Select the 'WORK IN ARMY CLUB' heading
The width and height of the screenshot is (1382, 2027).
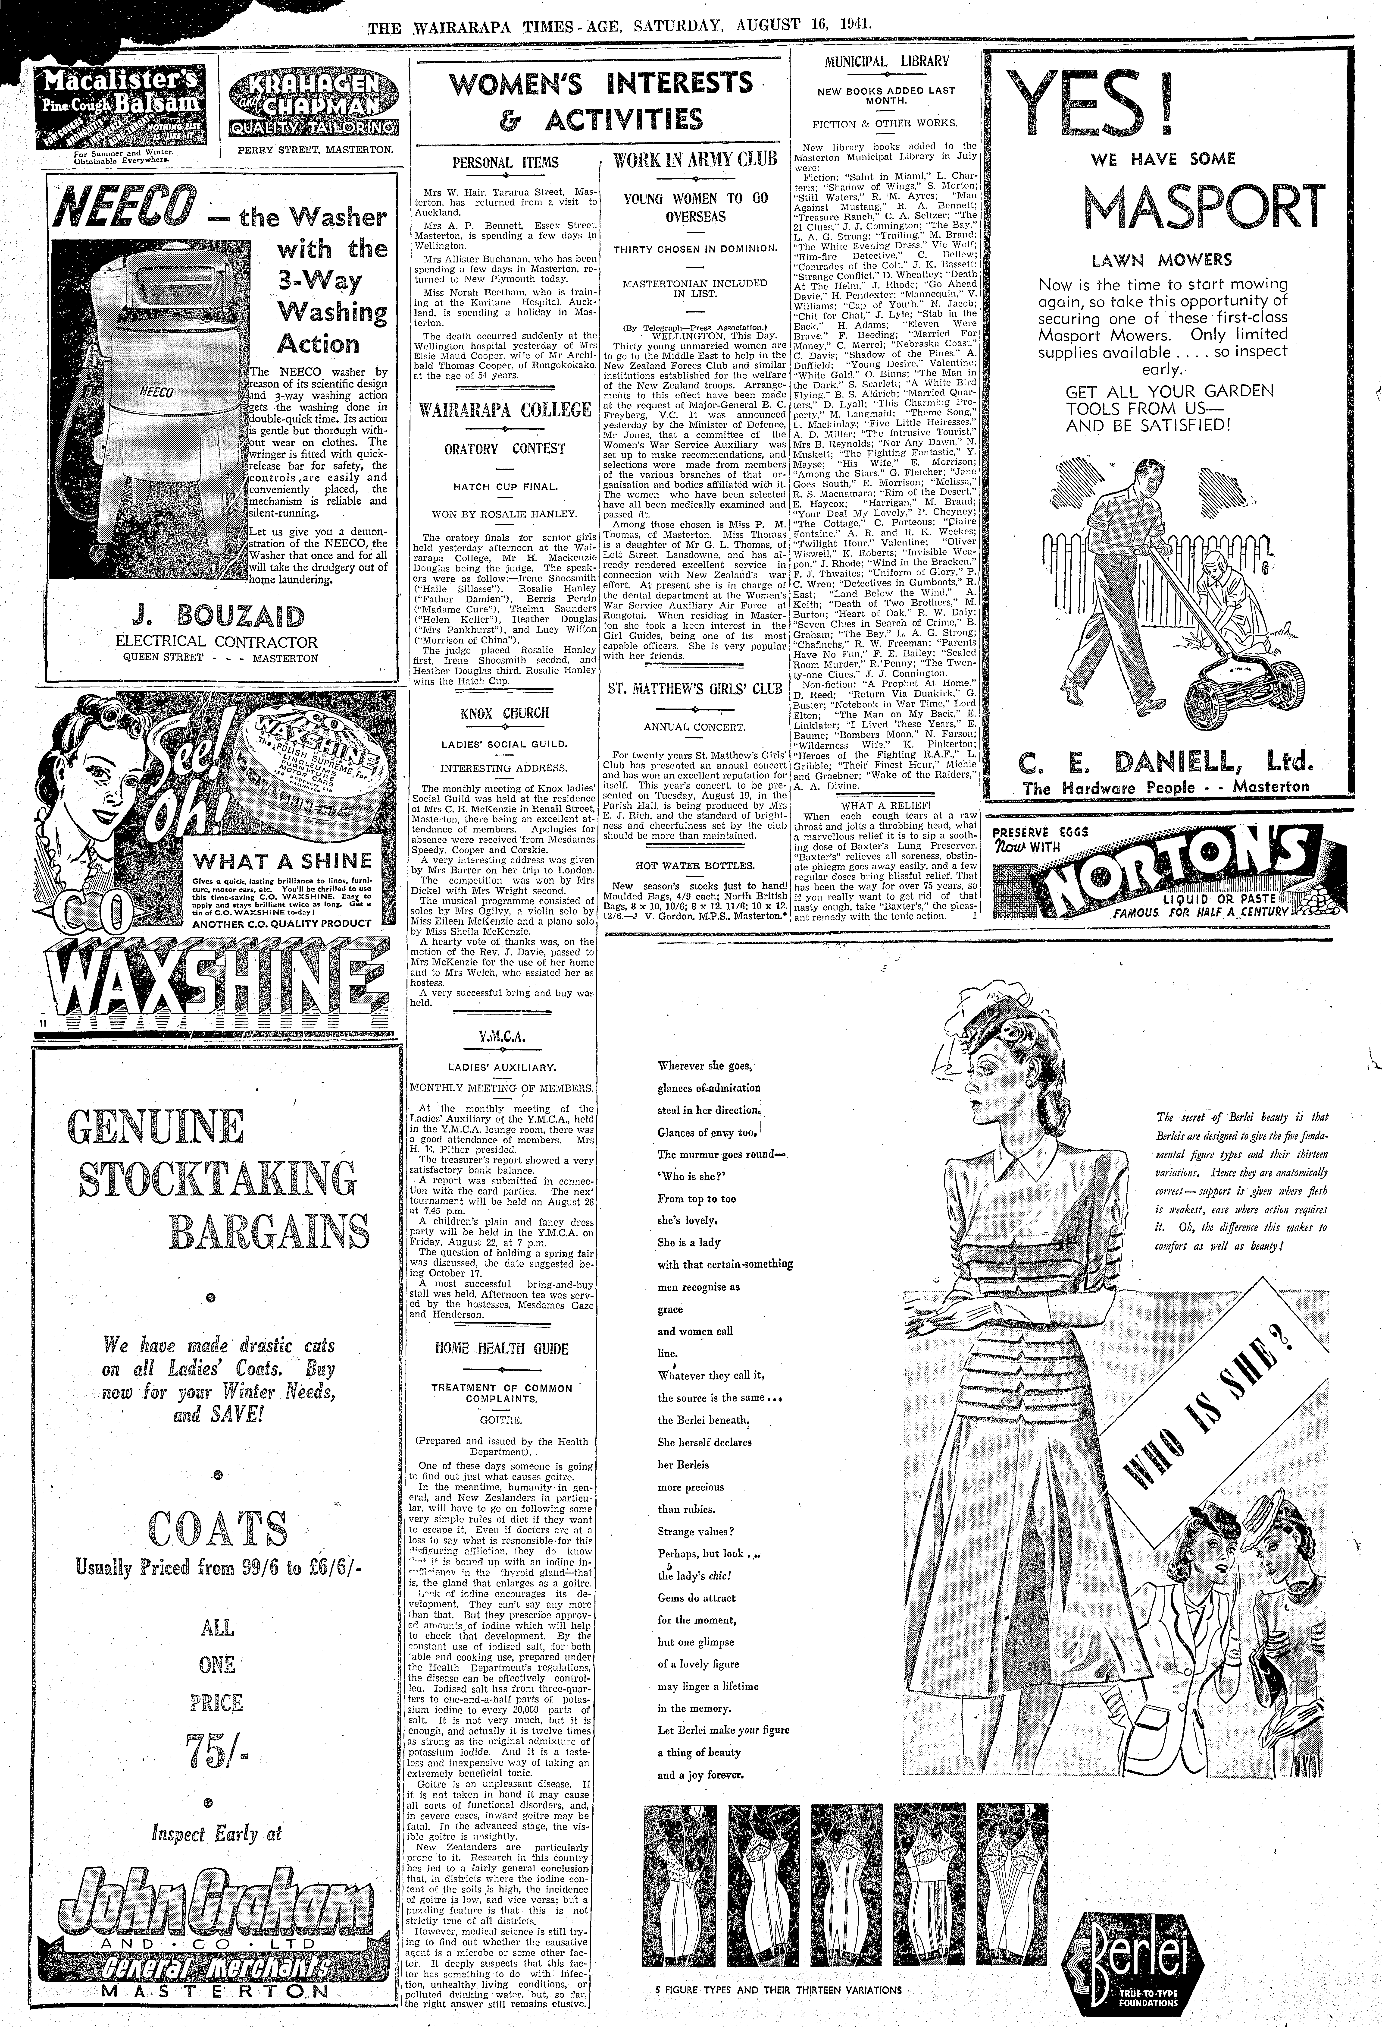(x=695, y=161)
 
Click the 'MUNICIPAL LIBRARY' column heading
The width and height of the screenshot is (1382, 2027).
(x=886, y=62)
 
